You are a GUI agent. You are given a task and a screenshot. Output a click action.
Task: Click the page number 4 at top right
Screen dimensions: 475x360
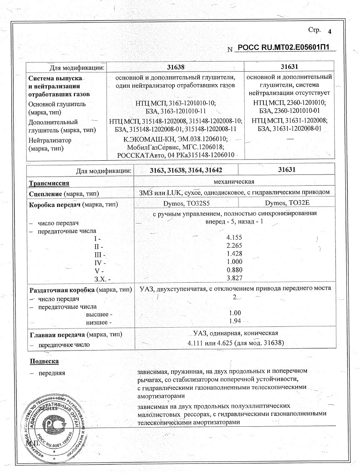click(x=330, y=32)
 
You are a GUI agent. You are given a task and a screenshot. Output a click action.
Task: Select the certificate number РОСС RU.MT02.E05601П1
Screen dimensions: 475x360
click(x=286, y=48)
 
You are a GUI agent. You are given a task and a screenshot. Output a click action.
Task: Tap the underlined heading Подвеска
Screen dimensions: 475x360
click(x=44, y=361)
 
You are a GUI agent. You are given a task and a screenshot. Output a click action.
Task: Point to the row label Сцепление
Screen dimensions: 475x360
click(x=45, y=194)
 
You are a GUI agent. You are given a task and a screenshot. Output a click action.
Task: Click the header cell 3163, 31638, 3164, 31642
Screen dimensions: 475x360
click(x=186, y=171)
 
